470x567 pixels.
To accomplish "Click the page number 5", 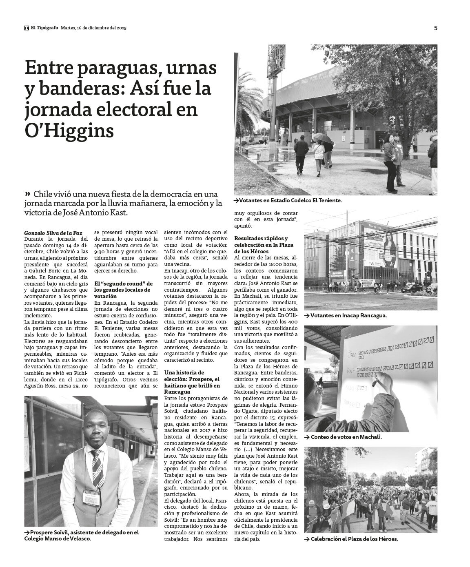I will (x=435, y=28).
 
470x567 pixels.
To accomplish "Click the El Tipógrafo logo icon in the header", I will (x=26, y=28).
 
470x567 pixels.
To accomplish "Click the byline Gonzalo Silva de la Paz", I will (x=53, y=233).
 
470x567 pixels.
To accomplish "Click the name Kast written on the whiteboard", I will (x=349, y=371).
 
